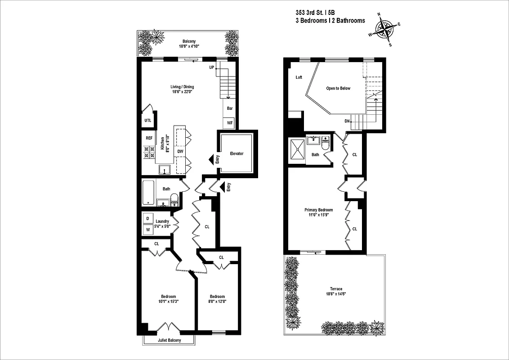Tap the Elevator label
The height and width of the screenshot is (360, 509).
237,153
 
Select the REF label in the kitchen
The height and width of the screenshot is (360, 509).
149,138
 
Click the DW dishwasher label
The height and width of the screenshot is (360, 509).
180,152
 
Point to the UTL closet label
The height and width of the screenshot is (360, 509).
147,121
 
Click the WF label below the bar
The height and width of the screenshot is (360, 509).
229,122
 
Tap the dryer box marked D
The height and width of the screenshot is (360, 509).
147,219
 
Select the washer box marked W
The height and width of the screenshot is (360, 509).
147,230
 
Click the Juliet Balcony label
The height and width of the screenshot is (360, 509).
169,340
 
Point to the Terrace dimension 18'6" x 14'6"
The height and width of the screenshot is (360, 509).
336,294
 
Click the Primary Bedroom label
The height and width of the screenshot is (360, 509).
318,210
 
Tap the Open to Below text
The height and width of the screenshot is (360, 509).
338,88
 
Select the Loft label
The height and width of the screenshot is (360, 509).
299,77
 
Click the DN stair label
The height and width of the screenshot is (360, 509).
347,121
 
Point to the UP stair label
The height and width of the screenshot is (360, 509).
211,67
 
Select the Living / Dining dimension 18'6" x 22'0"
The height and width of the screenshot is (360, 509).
182,92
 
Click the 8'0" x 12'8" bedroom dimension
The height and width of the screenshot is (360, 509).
217,301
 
